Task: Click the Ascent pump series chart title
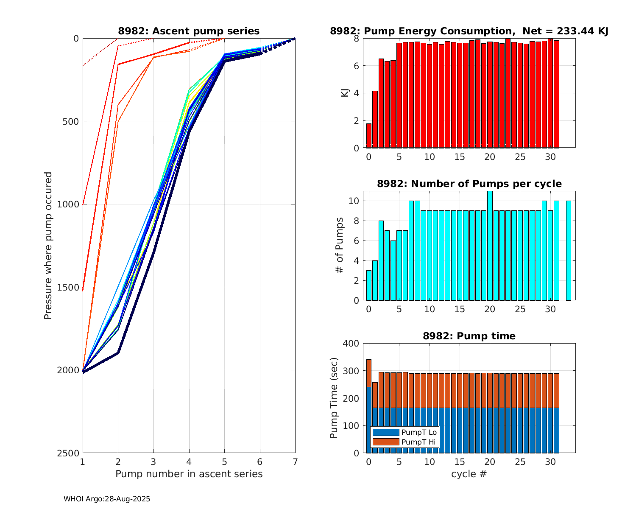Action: [x=189, y=31]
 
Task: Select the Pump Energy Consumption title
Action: [x=469, y=31]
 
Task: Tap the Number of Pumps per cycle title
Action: [x=469, y=184]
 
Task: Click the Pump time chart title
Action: [x=469, y=336]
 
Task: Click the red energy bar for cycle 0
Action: [x=369, y=136]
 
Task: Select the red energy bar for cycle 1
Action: [x=375, y=119]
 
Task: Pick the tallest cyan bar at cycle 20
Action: [x=490, y=246]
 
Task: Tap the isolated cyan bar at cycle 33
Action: [x=569, y=250]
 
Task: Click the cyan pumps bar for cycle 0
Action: [x=369, y=285]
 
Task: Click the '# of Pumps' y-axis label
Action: [x=339, y=246]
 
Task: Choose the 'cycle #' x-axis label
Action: [x=469, y=474]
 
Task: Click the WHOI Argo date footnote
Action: [x=107, y=499]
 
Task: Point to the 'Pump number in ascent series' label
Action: [x=189, y=474]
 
